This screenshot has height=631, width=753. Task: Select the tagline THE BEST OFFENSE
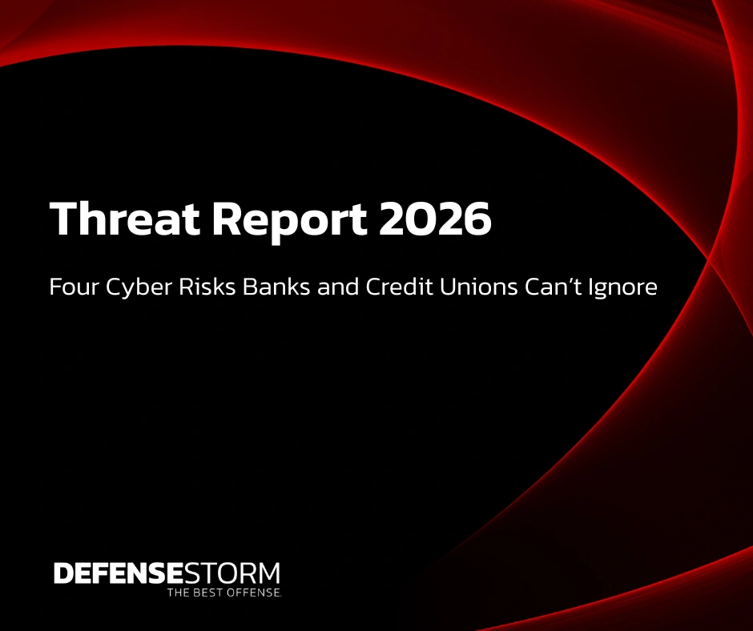223,593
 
